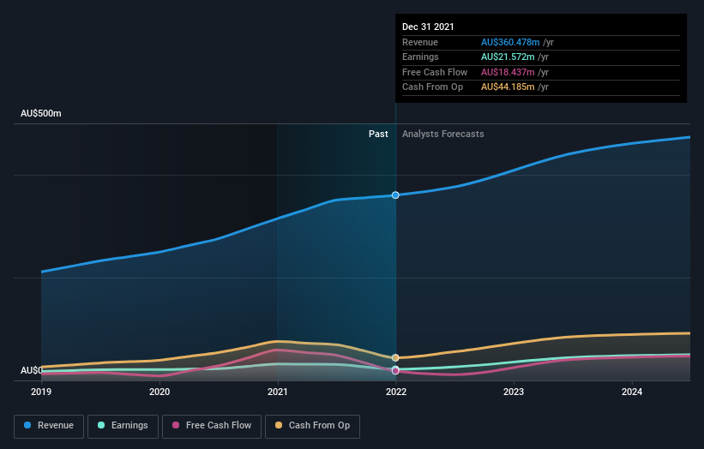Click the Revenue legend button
[x=49, y=425]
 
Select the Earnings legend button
[x=123, y=425]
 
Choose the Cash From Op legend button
[x=312, y=425]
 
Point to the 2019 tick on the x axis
[x=41, y=392]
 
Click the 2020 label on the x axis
[x=159, y=392]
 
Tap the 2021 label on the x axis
[x=278, y=392]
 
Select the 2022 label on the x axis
[x=395, y=392]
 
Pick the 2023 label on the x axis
[x=514, y=392]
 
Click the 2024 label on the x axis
[x=632, y=392]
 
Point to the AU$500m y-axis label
[x=41, y=113]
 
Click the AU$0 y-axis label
[x=31, y=370]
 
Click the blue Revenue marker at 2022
[x=395, y=195]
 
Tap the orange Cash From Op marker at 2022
[x=395, y=357]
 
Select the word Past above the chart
[x=378, y=134]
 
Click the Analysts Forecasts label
[x=442, y=134]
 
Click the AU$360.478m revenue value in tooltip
[x=510, y=42]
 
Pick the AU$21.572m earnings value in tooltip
[x=508, y=57]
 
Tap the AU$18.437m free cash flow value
[x=508, y=72]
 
